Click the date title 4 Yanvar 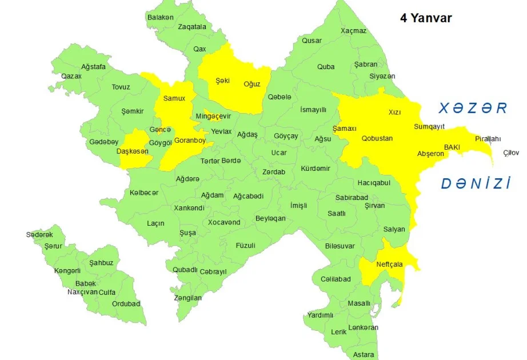(x=426, y=18)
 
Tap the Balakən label (x=161, y=17)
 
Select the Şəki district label (x=222, y=80)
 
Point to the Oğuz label (x=252, y=84)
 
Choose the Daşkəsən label (x=133, y=151)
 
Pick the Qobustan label (x=377, y=138)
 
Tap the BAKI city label (x=452, y=147)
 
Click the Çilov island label (x=512, y=153)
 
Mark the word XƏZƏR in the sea (x=473, y=109)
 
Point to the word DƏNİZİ (x=476, y=183)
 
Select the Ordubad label (x=126, y=304)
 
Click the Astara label (x=364, y=354)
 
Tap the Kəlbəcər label (x=144, y=193)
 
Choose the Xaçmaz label (x=353, y=31)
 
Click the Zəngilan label (x=188, y=298)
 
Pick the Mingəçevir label (x=213, y=116)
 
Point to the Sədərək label (x=39, y=235)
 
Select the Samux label (x=174, y=98)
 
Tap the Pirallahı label (x=488, y=139)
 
